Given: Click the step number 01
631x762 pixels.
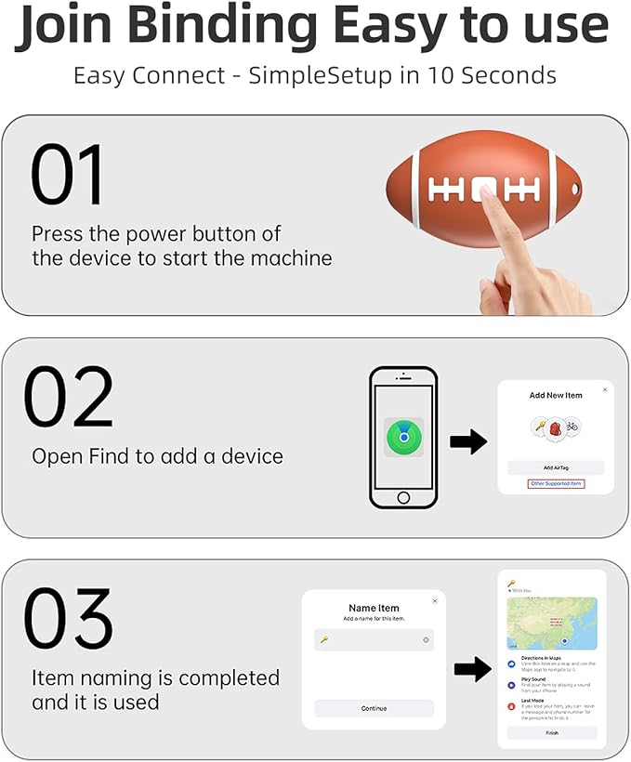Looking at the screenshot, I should (68, 176).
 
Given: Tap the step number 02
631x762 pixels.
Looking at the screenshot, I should (69, 397).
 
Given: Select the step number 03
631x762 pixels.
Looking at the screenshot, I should (69, 619).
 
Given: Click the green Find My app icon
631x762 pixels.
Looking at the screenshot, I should (403, 437).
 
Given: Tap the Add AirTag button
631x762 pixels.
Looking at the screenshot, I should (555, 467).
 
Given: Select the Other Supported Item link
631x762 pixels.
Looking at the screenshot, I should (555, 484).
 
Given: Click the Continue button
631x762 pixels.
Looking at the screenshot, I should (374, 708).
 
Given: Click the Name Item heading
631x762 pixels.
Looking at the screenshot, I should (374, 609).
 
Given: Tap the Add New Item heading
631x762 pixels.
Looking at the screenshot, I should (556, 396).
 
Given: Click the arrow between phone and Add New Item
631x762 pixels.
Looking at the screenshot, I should (469, 442).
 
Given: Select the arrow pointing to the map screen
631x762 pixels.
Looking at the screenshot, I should (474, 667).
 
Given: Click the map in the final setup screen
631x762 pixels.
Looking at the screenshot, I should (552, 623).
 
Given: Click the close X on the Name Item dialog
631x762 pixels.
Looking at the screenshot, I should (434, 601).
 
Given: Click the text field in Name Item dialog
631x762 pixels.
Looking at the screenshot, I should (374, 640).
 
